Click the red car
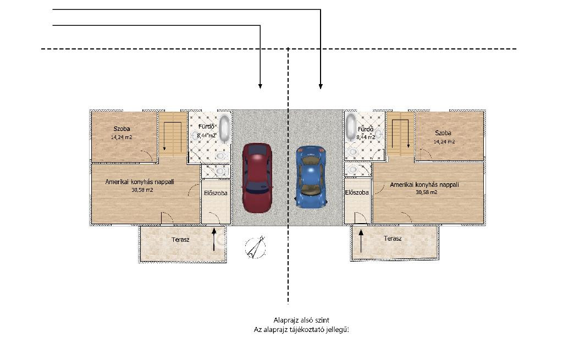pyautogui.click(x=257, y=178)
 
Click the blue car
pyautogui.click(x=311, y=176)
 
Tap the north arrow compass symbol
pyautogui.click(x=256, y=247)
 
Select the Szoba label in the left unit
pyautogui.click(x=122, y=129)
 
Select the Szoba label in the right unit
pyautogui.click(x=443, y=133)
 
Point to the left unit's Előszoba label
pyautogui.click(x=216, y=193)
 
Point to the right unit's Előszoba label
pyautogui.click(x=357, y=192)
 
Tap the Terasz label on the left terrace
pyautogui.click(x=180, y=240)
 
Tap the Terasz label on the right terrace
pyautogui.click(x=393, y=239)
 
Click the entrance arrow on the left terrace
pyautogui.click(x=214, y=239)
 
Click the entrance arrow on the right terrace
pyautogui.click(x=361, y=241)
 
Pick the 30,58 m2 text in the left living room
pyautogui.click(x=142, y=190)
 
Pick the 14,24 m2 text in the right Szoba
pyautogui.click(x=444, y=142)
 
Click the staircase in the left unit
pyautogui.click(x=173, y=134)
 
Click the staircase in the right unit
pyautogui.click(x=400, y=134)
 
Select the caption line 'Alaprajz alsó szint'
pyautogui.click(x=301, y=320)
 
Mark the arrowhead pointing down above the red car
pyautogui.click(x=260, y=86)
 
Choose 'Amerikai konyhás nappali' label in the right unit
pyautogui.click(x=424, y=185)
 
